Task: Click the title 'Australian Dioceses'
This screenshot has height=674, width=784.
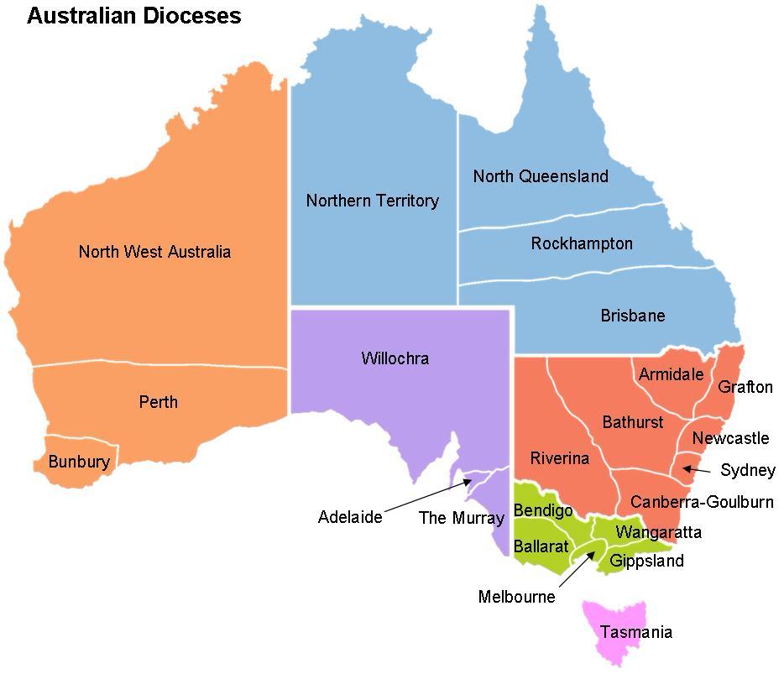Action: (134, 15)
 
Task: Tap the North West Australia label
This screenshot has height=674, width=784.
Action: (154, 252)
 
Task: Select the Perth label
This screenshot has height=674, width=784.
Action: (159, 402)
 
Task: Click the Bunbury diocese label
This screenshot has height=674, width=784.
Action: (79, 462)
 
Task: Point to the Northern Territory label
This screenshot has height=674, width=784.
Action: (372, 201)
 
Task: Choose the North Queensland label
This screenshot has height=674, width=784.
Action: (541, 176)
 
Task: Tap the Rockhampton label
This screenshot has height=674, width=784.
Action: (582, 243)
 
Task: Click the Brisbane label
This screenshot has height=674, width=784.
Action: (632, 316)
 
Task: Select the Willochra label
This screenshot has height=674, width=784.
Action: (395, 358)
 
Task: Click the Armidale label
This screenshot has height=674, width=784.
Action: (671, 374)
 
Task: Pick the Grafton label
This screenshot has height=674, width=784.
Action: (745, 387)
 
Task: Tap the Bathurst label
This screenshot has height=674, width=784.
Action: (632, 422)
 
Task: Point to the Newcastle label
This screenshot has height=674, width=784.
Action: (730, 438)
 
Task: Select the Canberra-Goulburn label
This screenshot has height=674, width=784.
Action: (702, 502)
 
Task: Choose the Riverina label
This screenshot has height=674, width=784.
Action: (559, 458)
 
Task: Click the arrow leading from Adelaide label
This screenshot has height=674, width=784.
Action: (428, 496)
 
